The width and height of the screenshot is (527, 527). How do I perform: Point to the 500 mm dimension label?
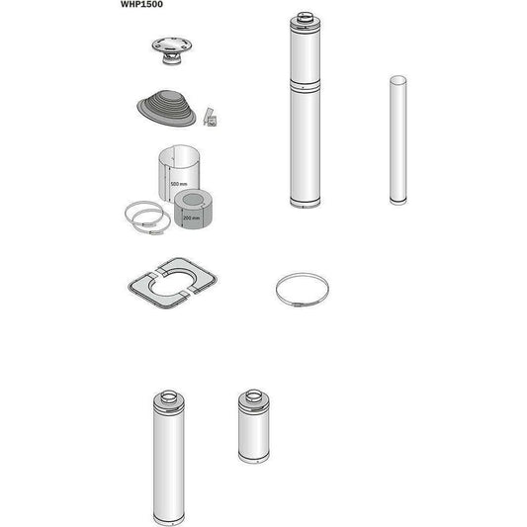point(178,185)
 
